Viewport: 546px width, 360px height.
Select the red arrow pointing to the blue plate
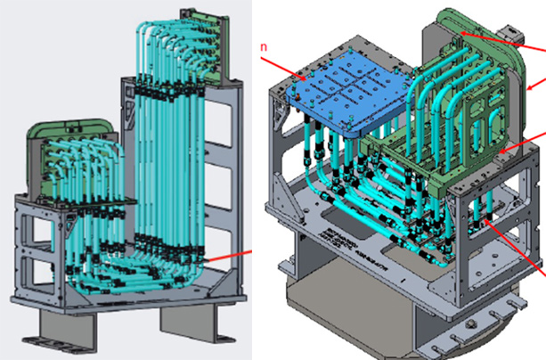284,67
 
